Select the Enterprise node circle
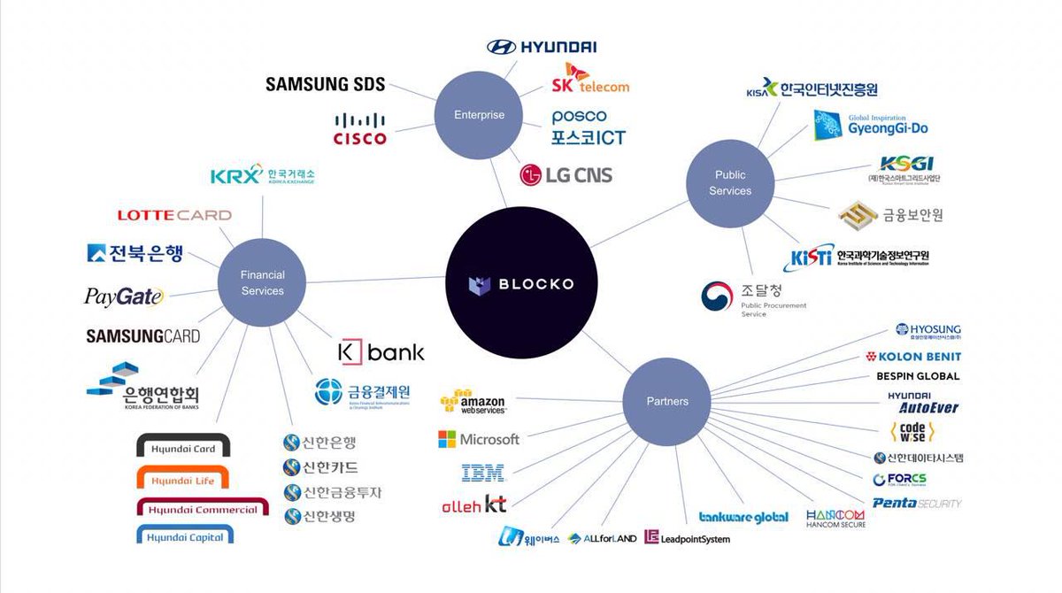pos(479,115)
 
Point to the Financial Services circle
pos(262,283)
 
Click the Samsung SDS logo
pos(326,84)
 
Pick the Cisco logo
pos(359,128)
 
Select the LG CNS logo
pos(566,174)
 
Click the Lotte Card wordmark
pos(174,215)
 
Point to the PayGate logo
pos(124,297)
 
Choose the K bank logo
pos(381,352)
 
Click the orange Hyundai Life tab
pos(182,481)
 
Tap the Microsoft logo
pos(479,439)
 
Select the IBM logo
pos(483,473)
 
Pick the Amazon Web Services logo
pos(473,402)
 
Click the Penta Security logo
pos(916,503)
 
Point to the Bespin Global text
pos(917,376)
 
